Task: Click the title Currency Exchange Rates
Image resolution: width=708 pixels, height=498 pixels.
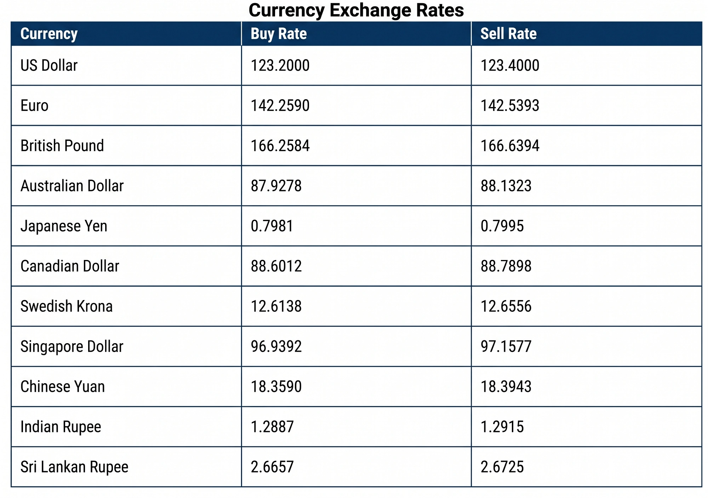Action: [356, 10]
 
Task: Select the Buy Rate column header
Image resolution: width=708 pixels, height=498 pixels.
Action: [279, 34]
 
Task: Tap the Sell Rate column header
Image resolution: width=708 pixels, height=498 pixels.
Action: [508, 34]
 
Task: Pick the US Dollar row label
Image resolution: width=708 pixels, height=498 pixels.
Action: [49, 66]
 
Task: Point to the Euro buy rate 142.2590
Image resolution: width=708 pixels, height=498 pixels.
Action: [280, 106]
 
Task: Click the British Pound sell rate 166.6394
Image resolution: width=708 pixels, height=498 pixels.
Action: [510, 146]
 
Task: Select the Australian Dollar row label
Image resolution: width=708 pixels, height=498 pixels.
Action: [72, 186]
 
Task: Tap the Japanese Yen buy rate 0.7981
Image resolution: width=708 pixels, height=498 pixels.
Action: [272, 226]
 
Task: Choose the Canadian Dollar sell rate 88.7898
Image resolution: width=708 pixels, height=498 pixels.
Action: [506, 266]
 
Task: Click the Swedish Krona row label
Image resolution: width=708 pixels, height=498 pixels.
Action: [67, 306]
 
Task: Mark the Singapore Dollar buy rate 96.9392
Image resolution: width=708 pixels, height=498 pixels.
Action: [276, 346]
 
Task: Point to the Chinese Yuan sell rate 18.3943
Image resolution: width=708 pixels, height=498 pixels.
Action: [506, 386]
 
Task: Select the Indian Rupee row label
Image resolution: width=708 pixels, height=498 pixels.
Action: [61, 427]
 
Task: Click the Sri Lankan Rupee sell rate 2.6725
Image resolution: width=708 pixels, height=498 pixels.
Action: [502, 467]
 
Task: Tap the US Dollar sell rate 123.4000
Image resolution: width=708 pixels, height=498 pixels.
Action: [510, 66]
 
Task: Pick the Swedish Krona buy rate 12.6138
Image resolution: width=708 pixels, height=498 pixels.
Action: [276, 306]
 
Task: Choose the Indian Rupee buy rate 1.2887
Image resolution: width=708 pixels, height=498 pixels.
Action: [272, 427]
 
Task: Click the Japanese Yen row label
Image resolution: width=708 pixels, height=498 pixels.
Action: [64, 226]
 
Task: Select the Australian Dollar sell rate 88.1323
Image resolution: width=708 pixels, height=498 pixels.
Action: [506, 186]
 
